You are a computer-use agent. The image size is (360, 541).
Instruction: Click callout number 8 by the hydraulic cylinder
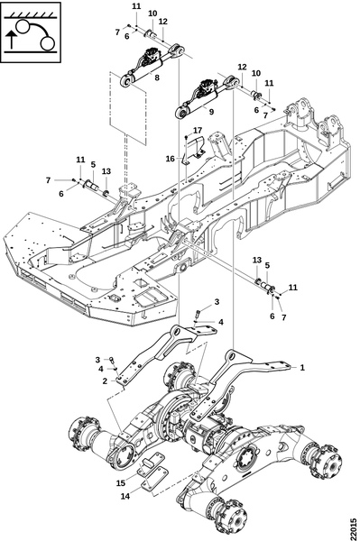click(157, 78)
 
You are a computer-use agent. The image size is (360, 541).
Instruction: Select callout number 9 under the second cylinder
click(211, 112)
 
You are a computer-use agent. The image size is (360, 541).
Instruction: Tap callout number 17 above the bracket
click(198, 131)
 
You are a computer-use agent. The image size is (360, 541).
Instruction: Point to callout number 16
click(171, 159)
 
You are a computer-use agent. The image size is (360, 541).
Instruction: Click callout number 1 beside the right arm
click(302, 368)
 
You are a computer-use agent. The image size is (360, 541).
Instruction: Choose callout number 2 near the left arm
click(105, 381)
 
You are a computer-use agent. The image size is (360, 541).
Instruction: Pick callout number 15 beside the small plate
click(121, 483)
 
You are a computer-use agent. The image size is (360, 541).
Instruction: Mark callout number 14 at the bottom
click(125, 496)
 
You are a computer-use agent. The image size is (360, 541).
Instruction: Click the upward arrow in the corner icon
click(12, 39)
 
